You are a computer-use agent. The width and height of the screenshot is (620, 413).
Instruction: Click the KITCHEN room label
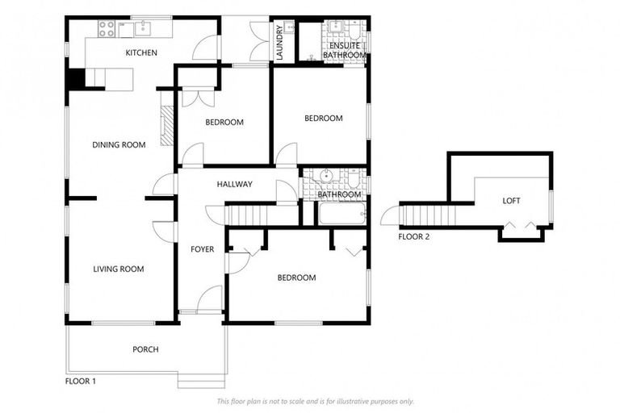coord(140,53)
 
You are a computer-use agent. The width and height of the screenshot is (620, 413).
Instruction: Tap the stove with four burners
coord(106,30)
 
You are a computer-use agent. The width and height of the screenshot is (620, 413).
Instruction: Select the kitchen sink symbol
coord(143,30)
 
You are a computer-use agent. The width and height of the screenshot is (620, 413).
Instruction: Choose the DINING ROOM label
coord(119,145)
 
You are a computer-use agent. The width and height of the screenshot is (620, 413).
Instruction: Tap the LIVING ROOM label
coord(118,269)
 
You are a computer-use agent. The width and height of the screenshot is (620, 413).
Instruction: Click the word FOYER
coord(202,249)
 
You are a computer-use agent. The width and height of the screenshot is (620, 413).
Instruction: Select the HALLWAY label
coord(234,185)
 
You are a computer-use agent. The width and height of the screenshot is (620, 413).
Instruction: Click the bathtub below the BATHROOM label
coord(341,214)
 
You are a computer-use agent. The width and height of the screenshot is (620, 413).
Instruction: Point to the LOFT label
coord(511,201)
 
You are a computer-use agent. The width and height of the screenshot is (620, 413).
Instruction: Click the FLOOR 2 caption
coord(414,237)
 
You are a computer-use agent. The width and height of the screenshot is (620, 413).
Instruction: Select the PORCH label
coord(145,349)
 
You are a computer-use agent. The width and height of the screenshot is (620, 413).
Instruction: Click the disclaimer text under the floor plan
coord(315,401)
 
